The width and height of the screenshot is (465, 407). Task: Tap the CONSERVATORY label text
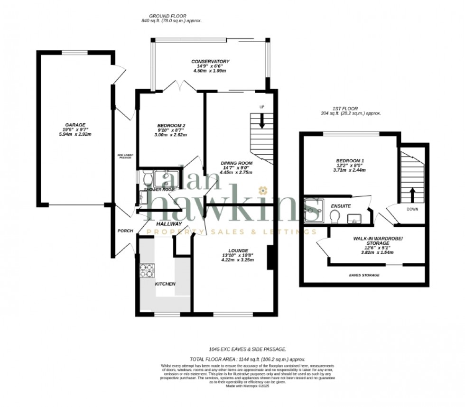[x=210, y=62]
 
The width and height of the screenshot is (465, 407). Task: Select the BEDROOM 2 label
[x=171, y=126]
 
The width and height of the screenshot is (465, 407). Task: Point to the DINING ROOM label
[x=236, y=163]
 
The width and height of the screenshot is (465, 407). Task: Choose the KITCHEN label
[x=165, y=284]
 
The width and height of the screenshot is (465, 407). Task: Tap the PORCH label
[x=125, y=231]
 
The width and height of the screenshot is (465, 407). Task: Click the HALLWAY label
[x=169, y=223]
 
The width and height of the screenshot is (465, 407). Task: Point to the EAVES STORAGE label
[x=365, y=275]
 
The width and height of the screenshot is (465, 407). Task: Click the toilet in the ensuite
[x=334, y=216]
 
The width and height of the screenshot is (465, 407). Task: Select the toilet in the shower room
[x=147, y=178]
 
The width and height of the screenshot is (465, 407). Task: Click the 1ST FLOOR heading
[x=345, y=108]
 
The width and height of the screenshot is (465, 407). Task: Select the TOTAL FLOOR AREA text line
[x=247, y=360]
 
